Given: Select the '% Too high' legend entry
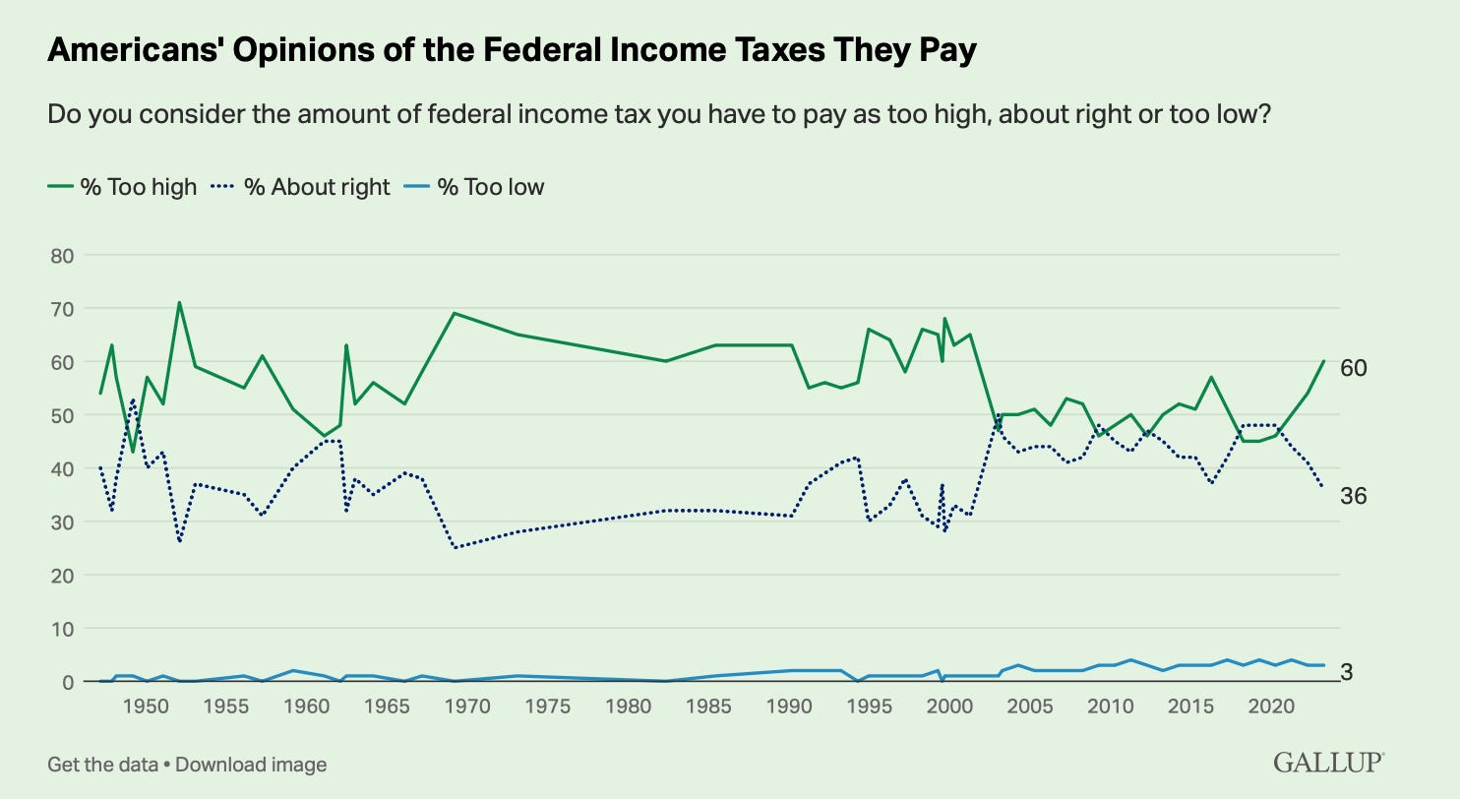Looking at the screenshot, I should [x=122, y=186].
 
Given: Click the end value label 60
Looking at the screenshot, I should [x=1353, y=367].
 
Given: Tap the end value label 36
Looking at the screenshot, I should [x=1353, y=496].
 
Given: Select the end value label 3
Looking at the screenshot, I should [x=1347, y=673].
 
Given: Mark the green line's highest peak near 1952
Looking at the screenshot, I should [x=179, y=302].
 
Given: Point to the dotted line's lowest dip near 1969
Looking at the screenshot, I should [x=454, y=547].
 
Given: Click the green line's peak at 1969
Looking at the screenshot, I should [x=454, y=313].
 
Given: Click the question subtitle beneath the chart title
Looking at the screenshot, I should [x=659, y=115].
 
